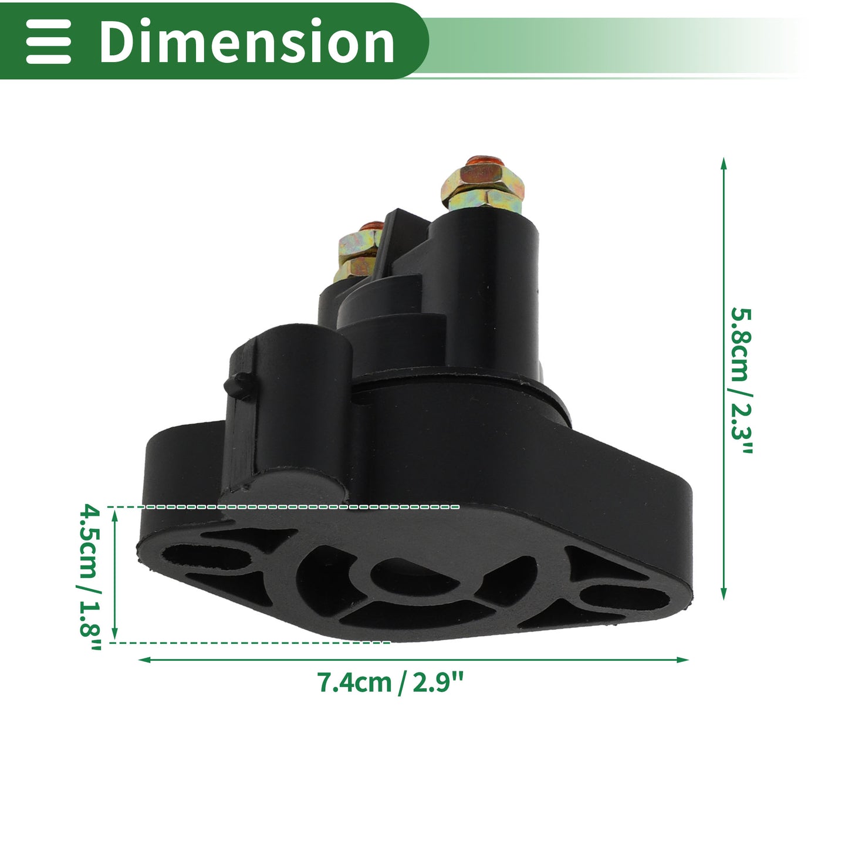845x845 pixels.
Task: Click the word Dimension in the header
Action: (247, 42)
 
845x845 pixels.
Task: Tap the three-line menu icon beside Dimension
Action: (48, 42)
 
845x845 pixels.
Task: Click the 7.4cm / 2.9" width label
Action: (390, 682)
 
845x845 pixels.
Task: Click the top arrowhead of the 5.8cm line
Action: (724, 163)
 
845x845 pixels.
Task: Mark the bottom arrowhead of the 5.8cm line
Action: (724, 594)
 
